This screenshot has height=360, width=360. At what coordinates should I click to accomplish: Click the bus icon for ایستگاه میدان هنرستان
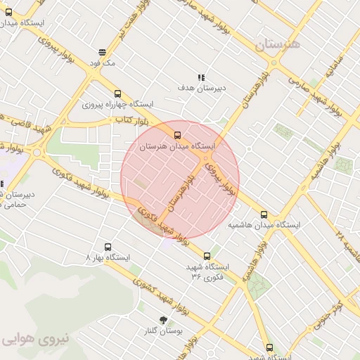click(176, 135)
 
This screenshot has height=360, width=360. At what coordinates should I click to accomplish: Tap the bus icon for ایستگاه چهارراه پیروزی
click(117, 94)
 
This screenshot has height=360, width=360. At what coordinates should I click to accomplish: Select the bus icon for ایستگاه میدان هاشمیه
click(264, 214)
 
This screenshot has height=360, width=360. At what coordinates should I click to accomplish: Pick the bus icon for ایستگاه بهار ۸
click(108, 247)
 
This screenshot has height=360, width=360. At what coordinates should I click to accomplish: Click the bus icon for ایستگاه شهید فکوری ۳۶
click(207, 256)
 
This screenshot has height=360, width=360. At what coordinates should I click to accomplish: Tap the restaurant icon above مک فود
click(103, 52)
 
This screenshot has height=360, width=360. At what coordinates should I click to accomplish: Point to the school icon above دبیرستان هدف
click(201, 77)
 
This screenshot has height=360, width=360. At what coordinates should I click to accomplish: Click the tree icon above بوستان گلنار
click(164, 320)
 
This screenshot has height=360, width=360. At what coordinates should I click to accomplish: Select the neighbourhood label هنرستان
click(276, 44)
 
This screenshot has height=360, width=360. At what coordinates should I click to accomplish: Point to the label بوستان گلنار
click(164, 330)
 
